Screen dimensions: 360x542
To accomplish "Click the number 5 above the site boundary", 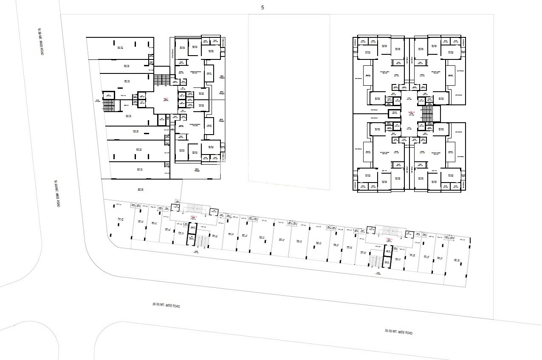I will (263, 8).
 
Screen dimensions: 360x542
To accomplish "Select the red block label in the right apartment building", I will (411, 113).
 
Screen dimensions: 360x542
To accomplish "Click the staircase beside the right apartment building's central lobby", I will (426, 113).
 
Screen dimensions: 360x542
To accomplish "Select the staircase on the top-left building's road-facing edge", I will (109, 105).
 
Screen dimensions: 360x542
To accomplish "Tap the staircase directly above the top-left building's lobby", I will (161, 79).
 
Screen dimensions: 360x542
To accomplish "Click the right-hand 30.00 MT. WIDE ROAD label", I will (398, 332).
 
